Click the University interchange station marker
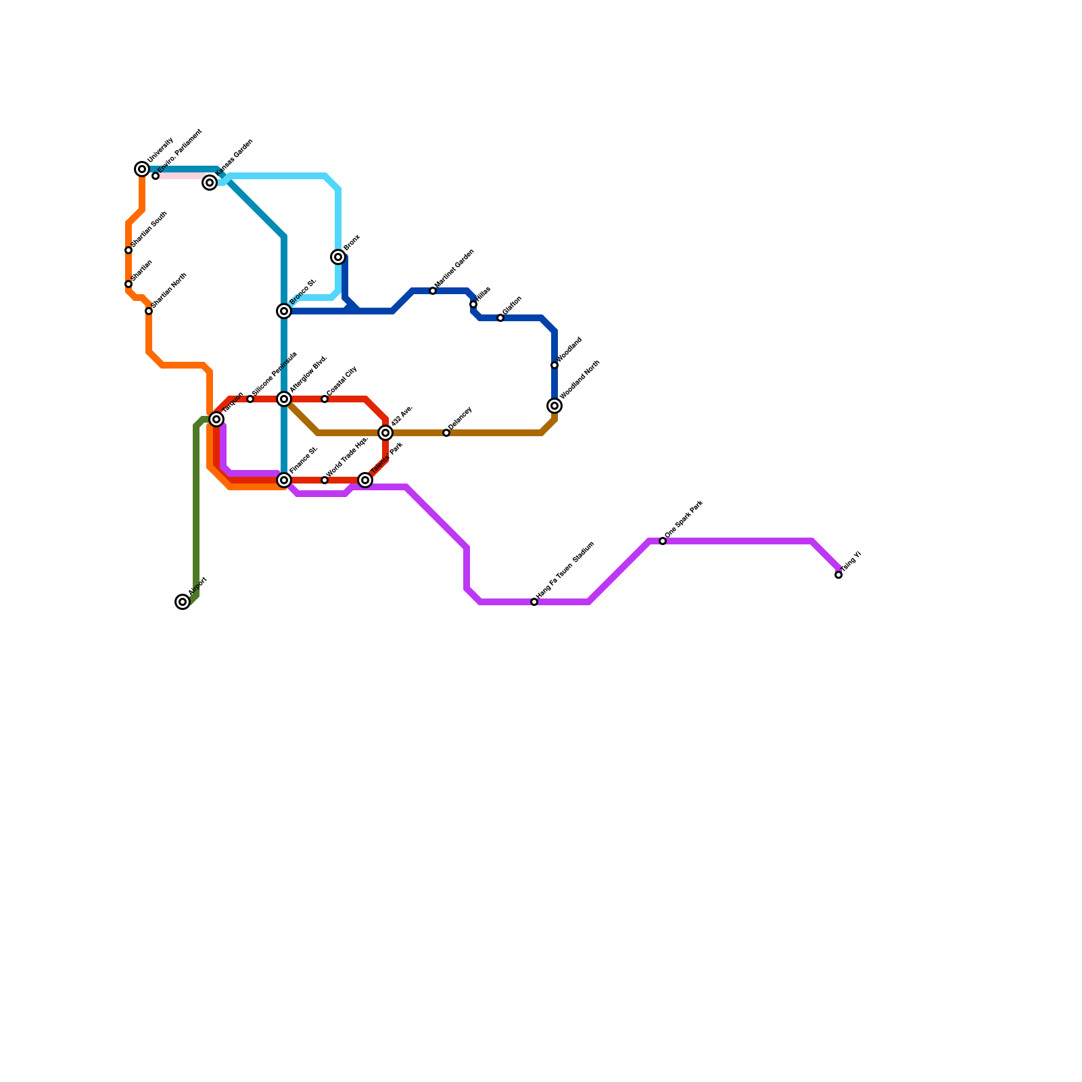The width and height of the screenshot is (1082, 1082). [x=142, y=169]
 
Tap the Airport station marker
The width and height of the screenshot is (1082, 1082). [x=183, y=602]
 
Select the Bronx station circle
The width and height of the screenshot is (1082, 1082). [x=338, y=257]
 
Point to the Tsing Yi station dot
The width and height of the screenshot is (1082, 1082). [x=839, y=575]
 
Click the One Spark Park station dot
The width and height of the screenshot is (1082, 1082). [x=663, y=541]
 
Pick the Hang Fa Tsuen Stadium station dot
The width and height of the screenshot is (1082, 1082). [x=534, y=602]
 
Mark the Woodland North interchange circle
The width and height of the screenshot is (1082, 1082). [x=555, y=406]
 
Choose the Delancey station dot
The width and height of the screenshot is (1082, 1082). [x=446, y=433]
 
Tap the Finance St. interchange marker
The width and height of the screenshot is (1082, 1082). [x=284, y=480]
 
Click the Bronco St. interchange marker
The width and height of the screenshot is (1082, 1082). [x=284, y=311]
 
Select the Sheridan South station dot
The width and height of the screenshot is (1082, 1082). [x=128, y=250]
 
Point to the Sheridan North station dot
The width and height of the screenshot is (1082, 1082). [x=149, y=311]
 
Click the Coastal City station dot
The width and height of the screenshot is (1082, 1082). [x=325, y=399]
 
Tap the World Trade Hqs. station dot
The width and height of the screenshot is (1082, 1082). [x=325, y=480]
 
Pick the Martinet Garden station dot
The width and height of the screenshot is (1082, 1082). [x=433, y=291]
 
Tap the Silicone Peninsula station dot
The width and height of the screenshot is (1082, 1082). [x=250, y=399]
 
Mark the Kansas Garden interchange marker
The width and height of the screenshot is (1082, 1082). [x=210, y=183]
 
